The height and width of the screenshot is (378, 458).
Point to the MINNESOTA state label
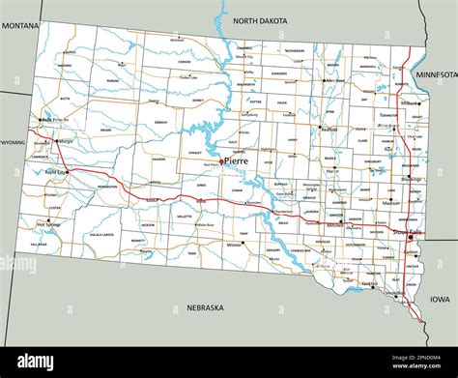[x=437, y=74]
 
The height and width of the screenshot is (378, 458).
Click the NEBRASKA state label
[x=204, y=307]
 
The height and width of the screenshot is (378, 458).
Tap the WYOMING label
[x=12, y=141]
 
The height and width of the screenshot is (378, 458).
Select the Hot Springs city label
[x=49, y=224]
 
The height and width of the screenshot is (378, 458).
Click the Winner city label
[x=234, y=244]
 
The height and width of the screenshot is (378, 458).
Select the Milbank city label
[x=410, y=102]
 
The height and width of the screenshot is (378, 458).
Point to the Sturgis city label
[x=66, y=141]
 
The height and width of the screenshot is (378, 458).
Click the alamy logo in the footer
[x=37, y=362]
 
